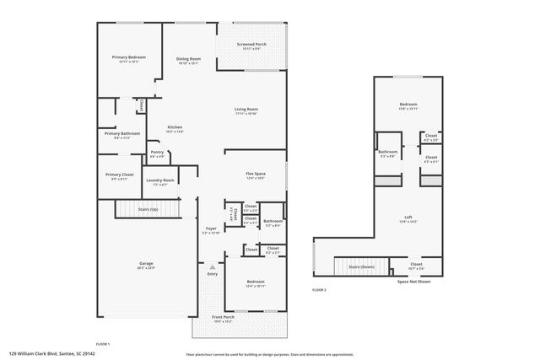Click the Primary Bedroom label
tap(129, 57)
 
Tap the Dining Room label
tap(188, 58)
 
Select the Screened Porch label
tap(251, 45)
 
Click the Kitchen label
tap(175, 127)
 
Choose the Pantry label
tap(157, 153)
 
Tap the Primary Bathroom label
tap(122, 133)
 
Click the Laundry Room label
tap(159, 180)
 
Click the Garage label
tap(146, 264)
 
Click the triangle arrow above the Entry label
tap(212, 267)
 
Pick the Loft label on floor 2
tap(408, 218)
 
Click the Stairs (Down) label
tap(360, 265)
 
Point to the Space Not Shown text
tap(413, 282)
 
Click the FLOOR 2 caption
tap(319, 289)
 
